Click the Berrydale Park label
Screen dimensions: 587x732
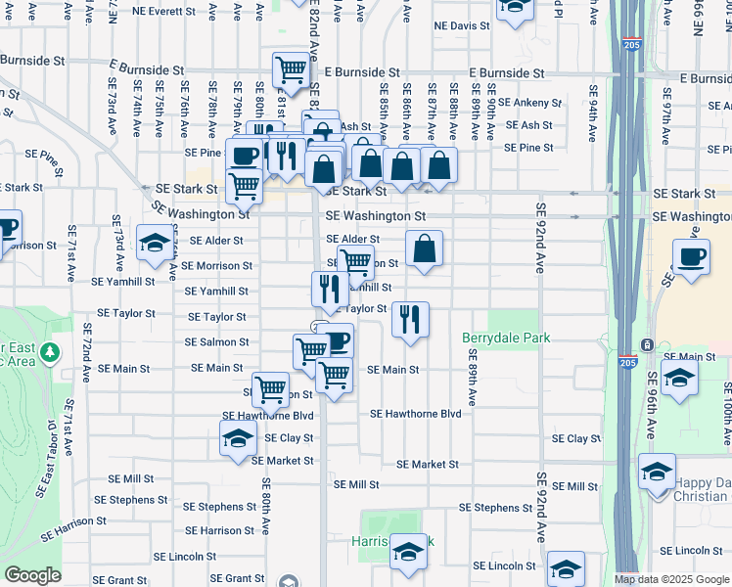coord(506,339)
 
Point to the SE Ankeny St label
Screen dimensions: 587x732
coord(529,102)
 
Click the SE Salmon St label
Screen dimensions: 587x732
coord(217,342)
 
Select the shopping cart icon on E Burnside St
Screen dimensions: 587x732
coord(291,69)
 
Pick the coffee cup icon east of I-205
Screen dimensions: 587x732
coord(691,257)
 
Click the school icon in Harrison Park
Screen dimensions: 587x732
coord(409,554)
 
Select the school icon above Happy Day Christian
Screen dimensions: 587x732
coord(658,471)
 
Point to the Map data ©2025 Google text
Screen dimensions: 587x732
coord(670,579)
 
